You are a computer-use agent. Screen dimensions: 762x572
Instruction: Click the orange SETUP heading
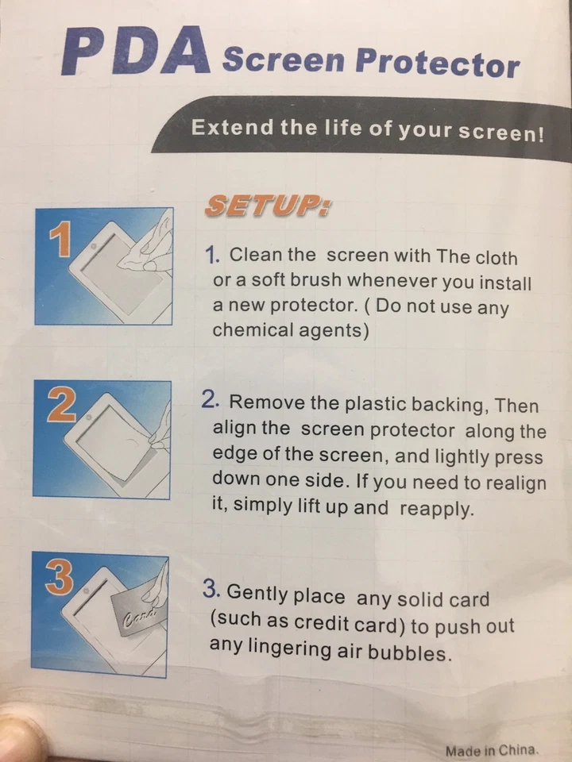click(x=268, y=206)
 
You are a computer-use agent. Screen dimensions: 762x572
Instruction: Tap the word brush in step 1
click(x=313, y=281)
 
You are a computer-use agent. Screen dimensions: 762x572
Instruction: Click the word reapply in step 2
click(x=436, y=509)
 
